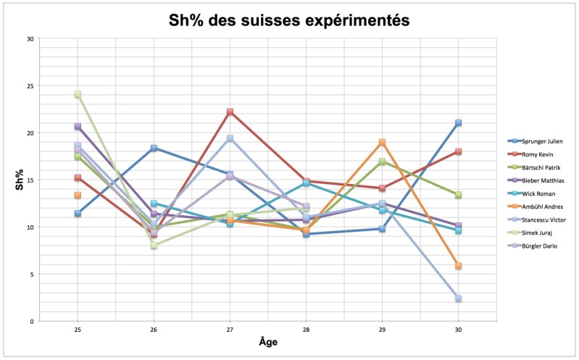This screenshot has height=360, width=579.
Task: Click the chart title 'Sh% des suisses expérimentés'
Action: [x=289, y=20]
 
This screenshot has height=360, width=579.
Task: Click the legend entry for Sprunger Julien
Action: [x=539, y=140]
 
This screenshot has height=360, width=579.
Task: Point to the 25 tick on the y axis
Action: [x=30, y=85]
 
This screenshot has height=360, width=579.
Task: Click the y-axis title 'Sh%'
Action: [x=20, y=180]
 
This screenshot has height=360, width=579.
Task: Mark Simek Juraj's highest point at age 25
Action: [x=78, y=94]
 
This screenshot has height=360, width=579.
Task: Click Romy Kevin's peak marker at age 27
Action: [x=230, y=112]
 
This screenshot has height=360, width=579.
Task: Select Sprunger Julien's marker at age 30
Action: [x=458, y=123]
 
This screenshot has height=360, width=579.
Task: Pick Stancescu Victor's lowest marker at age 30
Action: [x=458, y=298]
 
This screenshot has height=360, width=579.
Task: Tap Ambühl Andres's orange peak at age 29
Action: [x=382, y=142]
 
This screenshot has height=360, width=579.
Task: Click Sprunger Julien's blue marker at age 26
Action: [x=154, y=148]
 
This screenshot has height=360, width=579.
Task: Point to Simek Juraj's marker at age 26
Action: [x=154, y=246]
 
